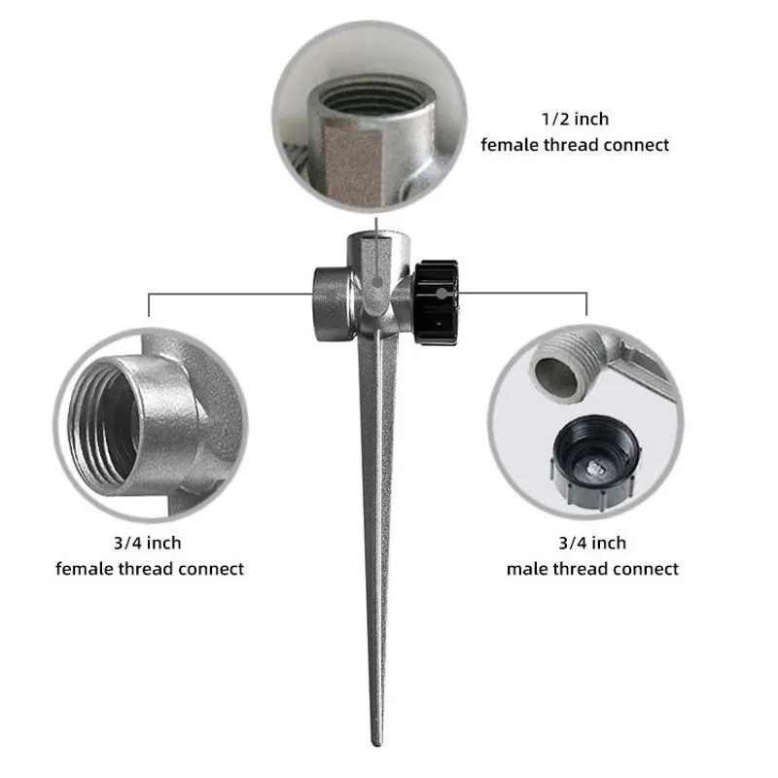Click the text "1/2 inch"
tap(575, 119)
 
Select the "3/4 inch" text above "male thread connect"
tap(592, 543)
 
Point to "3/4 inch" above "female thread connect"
tap(148, 543)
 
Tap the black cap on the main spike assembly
tap(436, 302)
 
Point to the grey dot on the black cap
tap(442, 294)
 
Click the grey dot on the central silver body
tap(377, 283)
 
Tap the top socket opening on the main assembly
tap(377, 235)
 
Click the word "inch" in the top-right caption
tap(591, 119)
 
